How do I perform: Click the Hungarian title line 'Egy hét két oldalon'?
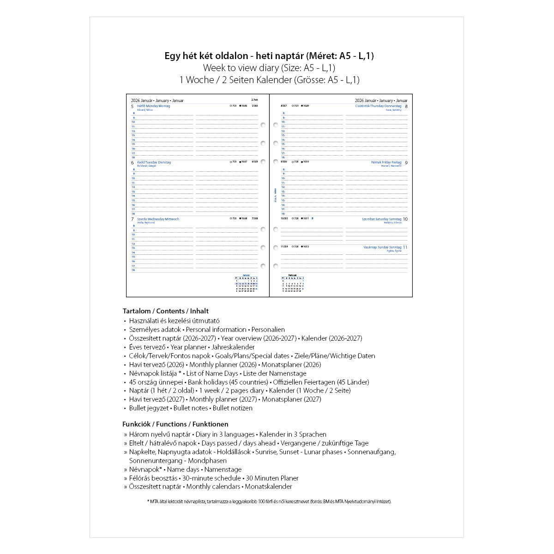(269, 56)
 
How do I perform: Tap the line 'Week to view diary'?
(269, 68)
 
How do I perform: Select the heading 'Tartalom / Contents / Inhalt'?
(166, 311)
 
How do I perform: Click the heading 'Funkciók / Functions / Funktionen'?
(175, 424)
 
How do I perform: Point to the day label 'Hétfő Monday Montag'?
(154, 106)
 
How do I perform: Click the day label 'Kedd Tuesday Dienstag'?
(154, 163)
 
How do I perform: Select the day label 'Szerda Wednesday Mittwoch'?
(158, 219)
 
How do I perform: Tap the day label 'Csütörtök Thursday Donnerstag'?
(378, 106)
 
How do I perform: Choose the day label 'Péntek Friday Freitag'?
(386, 163)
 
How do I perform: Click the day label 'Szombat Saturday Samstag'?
(381, 219)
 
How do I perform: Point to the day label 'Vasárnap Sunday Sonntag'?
(382, 247)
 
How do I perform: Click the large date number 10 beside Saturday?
(405, 220)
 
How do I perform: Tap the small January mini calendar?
(246, 283)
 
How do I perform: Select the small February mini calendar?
(292, 283)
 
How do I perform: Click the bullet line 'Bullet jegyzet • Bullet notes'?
(191, 408)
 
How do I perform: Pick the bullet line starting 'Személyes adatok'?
(207, 330)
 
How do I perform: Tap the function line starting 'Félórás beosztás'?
(214, 478)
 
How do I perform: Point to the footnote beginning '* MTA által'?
(269, 501)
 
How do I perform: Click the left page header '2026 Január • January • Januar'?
(157, 101)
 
